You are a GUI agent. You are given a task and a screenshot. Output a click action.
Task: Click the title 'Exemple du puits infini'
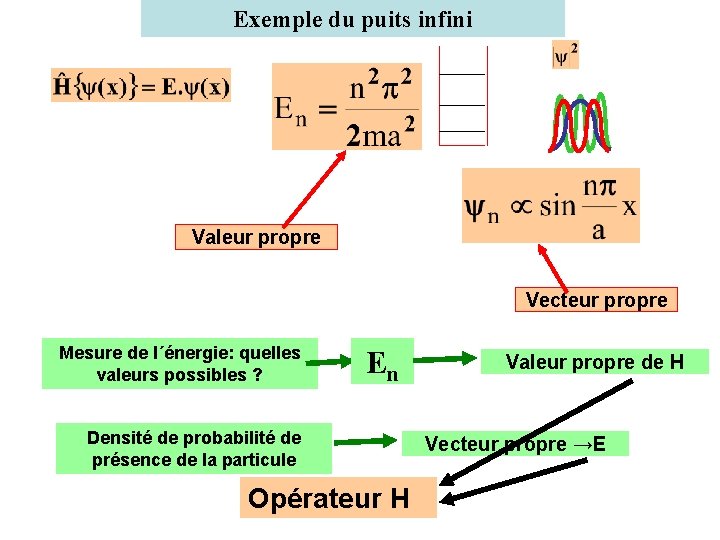353,19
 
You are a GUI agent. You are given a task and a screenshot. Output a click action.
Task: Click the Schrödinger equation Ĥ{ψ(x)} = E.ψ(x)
141,86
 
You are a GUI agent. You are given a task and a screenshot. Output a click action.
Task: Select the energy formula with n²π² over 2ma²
346,107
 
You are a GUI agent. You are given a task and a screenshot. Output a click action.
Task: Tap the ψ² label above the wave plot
566,54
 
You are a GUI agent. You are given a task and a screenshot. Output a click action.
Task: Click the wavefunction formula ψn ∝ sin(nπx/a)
550,206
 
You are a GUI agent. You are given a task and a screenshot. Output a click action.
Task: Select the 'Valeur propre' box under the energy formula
256,237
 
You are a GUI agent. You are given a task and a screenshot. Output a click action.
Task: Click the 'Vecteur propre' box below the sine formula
596,299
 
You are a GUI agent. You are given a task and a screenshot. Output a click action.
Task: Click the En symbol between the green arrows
382,364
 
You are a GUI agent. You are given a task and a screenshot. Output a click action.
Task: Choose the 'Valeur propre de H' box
594,362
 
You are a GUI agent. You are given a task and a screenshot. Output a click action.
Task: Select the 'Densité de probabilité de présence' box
194,449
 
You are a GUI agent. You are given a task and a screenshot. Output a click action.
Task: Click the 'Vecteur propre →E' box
515,443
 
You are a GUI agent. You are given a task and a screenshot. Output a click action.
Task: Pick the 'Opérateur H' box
338,498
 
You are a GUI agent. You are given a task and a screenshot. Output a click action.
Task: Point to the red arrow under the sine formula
553,266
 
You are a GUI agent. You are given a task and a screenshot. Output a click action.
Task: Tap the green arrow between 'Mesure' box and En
338,362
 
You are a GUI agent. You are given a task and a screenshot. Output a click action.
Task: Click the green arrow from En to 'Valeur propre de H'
446,358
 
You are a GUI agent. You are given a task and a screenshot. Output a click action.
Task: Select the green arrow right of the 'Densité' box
366,440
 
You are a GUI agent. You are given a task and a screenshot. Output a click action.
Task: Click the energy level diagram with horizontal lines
462,97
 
